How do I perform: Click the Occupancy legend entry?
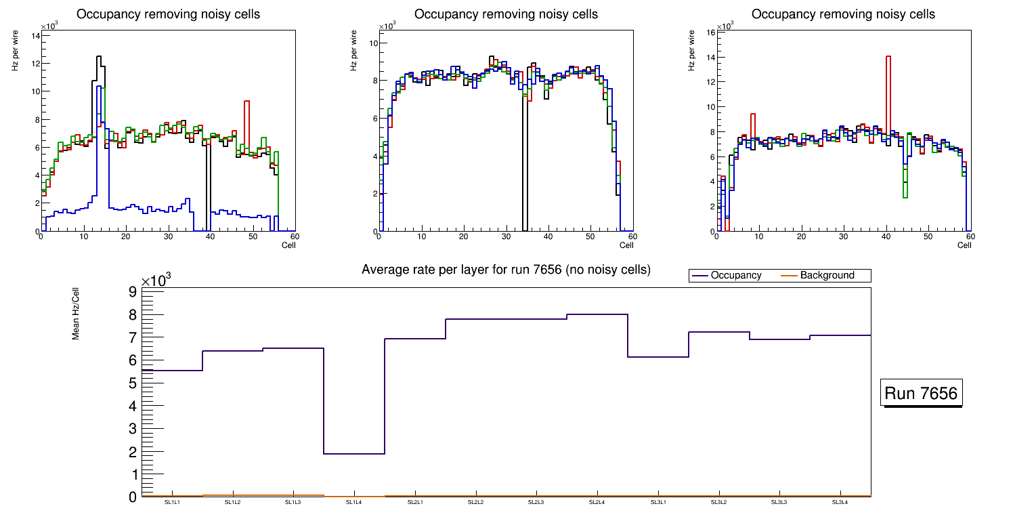pyautogui.click(x=735, y=276)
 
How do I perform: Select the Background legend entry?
pyautogui.click(x=827, y=276)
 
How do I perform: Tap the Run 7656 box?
pyautogui.click(x=921, y=394)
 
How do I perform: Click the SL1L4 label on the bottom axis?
pyautogui.click(x=354, y=503)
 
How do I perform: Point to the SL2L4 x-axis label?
pyautogui.click(x=597, y=503)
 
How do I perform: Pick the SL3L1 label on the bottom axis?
pyautogui.click(x=658, y=503)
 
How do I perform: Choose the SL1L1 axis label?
pyautogui.click(x=172, y=503)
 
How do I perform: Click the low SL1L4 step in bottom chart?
pyautogui.click(x=354, y=453)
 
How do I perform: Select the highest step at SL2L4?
pyautogui.click(x=597, y=314)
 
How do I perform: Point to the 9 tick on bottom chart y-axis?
pyautogui.click(x=131, y=292)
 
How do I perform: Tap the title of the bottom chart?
pyautogui.click(x=506, y=270)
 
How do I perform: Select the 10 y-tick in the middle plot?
pyautogui.click(x=372, y=43)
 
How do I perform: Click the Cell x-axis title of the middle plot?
pyautogui.click(x=626, y=245)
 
